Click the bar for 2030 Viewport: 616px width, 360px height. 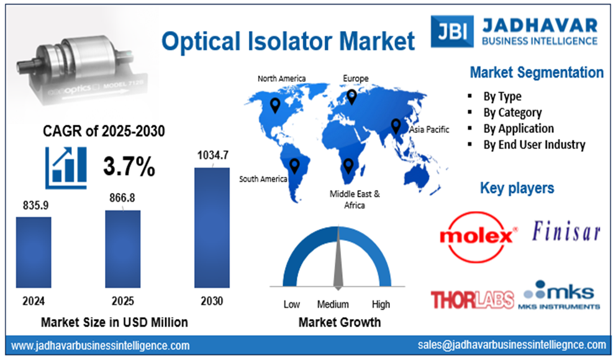pos(212,227)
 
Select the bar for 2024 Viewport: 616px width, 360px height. pos(34,251)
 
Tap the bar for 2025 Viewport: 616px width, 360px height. pos(122,248)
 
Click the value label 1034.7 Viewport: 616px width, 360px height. pos(212,155)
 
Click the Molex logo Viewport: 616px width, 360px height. pos(478,236)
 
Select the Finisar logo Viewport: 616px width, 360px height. pos(566,233)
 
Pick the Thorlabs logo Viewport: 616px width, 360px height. pos(472,299)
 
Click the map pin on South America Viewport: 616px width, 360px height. pos(294,165)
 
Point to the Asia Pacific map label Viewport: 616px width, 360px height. pos(428,129)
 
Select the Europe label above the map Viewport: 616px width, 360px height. pos(356,78)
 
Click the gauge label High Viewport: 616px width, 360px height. pos(381,304)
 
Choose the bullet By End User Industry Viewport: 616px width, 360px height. pos(534,145)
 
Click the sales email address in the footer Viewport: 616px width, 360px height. pos(511,344)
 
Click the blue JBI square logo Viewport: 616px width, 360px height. pos(451,31)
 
